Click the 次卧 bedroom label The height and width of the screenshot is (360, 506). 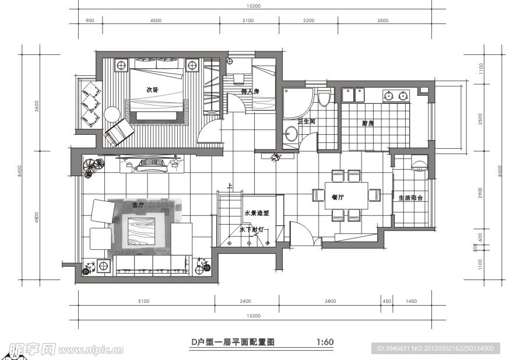click(x=153, y=90)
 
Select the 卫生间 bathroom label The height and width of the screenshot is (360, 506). click(x=306, y=122)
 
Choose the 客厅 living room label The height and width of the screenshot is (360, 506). click(x=138, y=205)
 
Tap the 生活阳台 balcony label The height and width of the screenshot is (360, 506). click(x=410, y=198)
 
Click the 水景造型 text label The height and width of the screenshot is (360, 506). click(x=256, y=213)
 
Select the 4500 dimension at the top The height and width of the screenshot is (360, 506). click(x=156, y=20)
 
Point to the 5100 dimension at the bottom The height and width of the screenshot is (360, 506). click(x=144, y=301)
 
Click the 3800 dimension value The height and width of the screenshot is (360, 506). click(x=330, y=301)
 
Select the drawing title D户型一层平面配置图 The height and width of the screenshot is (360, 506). click(x=233, y=342)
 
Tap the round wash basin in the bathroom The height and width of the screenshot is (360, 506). click(x=290, y=135)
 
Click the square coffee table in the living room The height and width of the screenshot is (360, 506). click(x=141, y=230)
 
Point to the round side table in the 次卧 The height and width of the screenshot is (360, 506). click(x=112, y=113)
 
